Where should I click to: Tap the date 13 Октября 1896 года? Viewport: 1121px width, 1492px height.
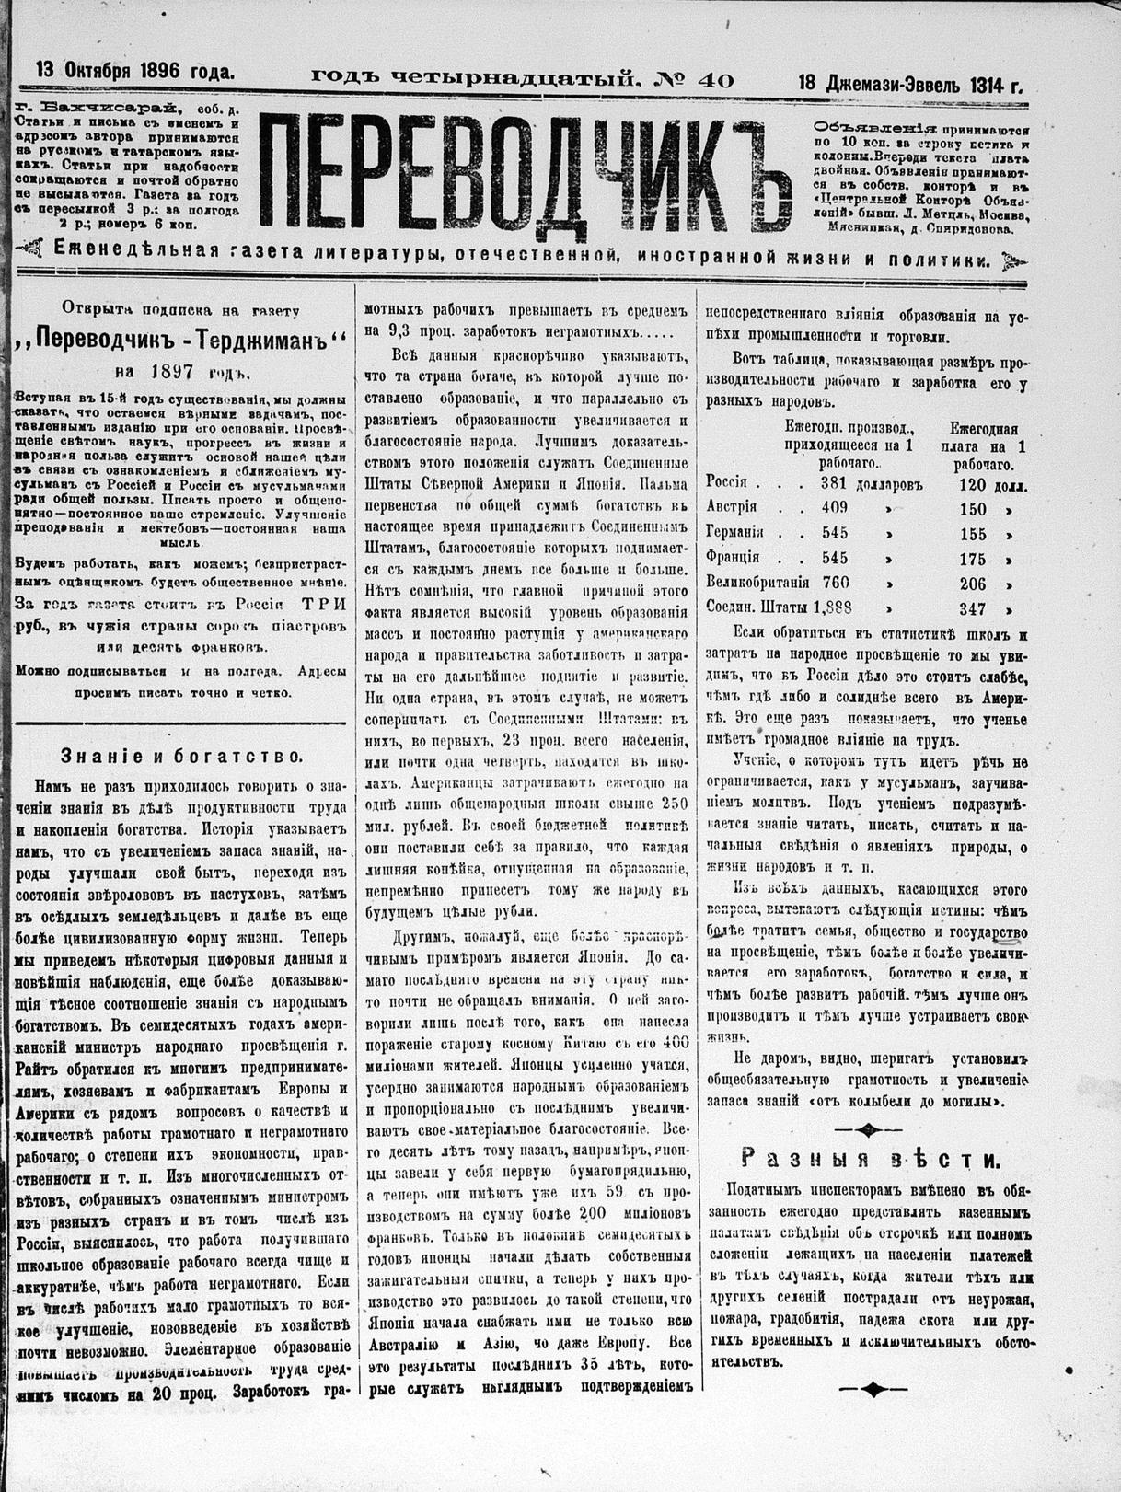(135, 70)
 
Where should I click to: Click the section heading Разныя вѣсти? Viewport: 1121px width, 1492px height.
(872, 1158)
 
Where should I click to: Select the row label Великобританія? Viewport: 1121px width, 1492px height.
(757, 582)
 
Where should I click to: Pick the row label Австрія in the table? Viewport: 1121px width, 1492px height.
(732, 506)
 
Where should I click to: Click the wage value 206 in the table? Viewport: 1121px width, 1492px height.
(972, 583)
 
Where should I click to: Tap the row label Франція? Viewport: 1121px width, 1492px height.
(733, 557)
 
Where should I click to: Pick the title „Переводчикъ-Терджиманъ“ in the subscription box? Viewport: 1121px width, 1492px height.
(183, 340)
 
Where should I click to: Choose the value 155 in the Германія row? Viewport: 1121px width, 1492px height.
(972, 533)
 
